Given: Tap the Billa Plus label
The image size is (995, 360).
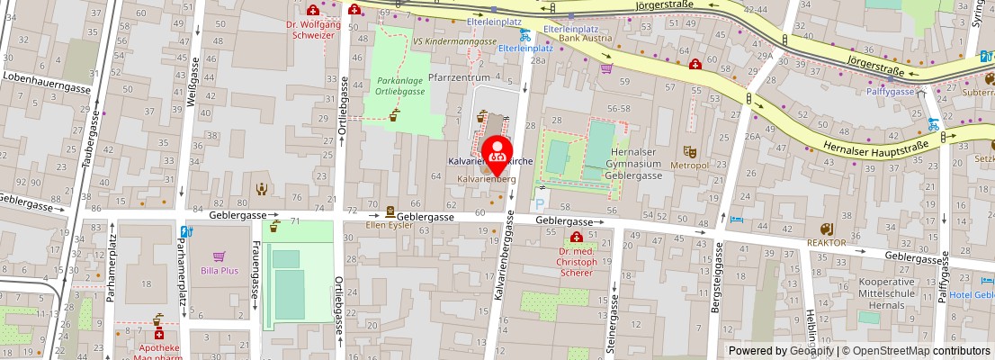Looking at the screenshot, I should [x=220, y=270].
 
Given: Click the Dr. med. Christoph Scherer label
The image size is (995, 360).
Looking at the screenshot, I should [x=575, y=260].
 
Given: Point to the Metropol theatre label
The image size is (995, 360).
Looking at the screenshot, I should [x=690, y=166].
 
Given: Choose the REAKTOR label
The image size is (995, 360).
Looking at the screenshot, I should [x=826, y=243].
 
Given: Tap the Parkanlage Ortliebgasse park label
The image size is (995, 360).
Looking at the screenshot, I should [x=399, y=86].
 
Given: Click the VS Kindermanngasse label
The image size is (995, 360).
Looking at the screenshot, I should [x=454, y=41].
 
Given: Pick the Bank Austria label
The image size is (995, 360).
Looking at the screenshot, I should [x=579, y=40].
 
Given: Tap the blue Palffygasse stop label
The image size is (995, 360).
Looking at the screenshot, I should [x=890, y=92].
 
